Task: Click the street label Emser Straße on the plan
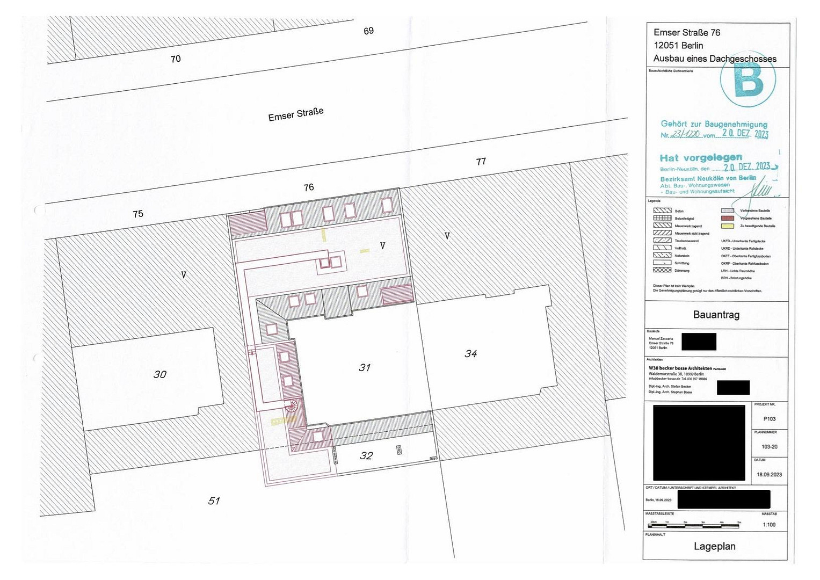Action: pos(296,114)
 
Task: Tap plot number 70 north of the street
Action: pos(176,59)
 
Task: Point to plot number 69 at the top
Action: pos(368,31)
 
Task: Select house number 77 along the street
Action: pos(481,161)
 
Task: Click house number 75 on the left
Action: pos(138,214)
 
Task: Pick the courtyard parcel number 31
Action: pos(365,368)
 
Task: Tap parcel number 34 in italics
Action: pos(471,354)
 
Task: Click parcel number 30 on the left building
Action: pos(160,374)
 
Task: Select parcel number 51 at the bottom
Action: pos(214,501)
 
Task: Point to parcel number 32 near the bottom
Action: pos(366,456)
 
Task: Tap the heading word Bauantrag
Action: pos(716,315)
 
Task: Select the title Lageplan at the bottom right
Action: pos(714,547)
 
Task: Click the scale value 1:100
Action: pos(769,525)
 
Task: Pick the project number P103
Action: pos(769,419)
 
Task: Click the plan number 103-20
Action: pos(769,447)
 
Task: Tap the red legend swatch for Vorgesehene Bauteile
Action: pos(728,219)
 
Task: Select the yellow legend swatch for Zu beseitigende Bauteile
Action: pos(728,226)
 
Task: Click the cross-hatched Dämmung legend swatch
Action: pos(662,270)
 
